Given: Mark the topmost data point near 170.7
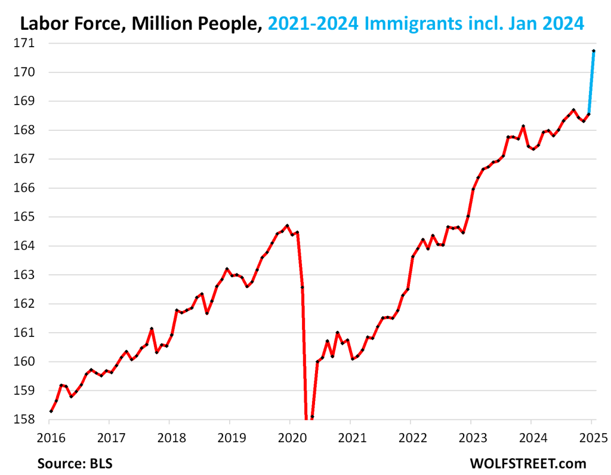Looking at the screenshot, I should [594, 51].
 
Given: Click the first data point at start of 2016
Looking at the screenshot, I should [51, 411].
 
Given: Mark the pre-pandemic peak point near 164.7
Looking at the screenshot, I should [287, 226].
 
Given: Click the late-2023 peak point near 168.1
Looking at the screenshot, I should [523, 126].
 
